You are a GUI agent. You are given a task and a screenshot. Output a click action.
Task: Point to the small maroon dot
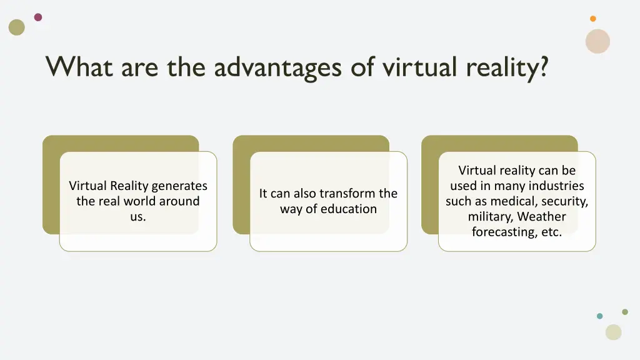coord(38,17)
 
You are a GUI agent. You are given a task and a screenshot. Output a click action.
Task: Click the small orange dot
coord(593,19)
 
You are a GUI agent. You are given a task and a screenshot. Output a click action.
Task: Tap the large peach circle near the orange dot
coord(597,41)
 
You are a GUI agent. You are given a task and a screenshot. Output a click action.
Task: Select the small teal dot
coord(600,316)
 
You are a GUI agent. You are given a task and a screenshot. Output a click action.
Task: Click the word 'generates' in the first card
coord(179,186)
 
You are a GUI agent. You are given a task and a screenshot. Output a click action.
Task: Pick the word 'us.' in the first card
coord(138,217)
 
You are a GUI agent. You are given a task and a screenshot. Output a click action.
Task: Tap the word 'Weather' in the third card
coord(541,217)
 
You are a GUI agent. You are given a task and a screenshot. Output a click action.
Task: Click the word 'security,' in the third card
coord(566,201)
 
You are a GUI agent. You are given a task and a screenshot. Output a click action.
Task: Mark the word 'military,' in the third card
coord(491,217)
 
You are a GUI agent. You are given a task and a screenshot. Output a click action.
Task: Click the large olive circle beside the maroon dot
coord(17,27)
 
